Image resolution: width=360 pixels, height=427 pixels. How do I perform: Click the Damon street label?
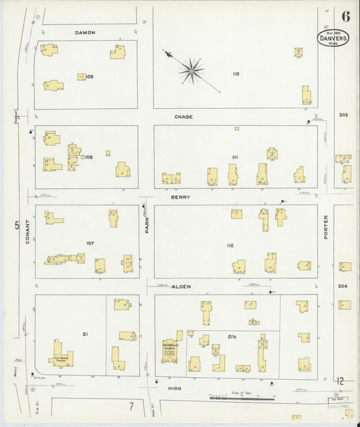tap(85, 32)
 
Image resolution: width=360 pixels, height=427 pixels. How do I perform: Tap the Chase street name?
tap(183, 117)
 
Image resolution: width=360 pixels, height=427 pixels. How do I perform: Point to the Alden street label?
tap(181, 286)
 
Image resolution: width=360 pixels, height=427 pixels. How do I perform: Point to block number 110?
tap(236, 74)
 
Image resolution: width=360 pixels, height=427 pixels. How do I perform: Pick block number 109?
tap(89, 76)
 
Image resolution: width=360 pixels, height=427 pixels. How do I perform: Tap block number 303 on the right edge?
tap(344, 116)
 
